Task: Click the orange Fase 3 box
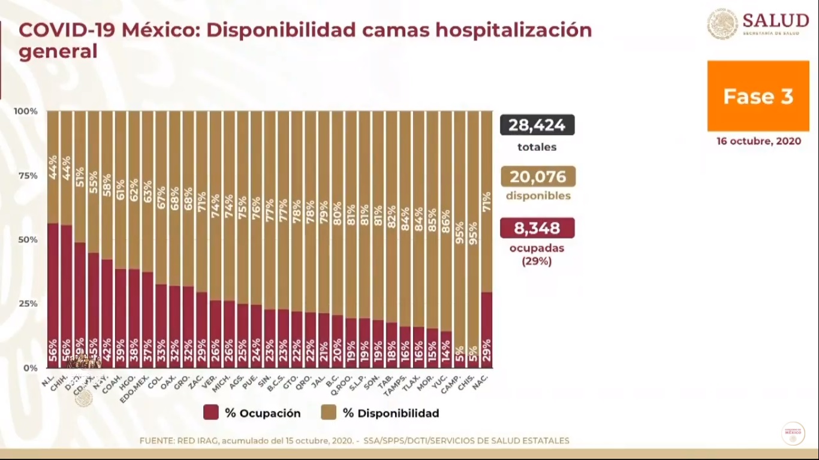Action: (x=758, y=96)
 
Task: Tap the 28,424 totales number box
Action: (x=537, y=125)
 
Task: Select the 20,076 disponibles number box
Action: (x=537, y=177)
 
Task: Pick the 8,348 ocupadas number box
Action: (x=537, y=228)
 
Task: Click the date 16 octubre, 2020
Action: (x=758, y=141)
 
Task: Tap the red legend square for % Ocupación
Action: (x=210, y=413)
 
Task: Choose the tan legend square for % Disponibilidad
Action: (x=329, y=413)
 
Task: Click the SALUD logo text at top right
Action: (x=775, y=21)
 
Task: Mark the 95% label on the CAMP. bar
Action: (x=460, y=232)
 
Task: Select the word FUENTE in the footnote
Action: (x=156, y=441)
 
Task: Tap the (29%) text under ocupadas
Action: (x=537, y=261)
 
